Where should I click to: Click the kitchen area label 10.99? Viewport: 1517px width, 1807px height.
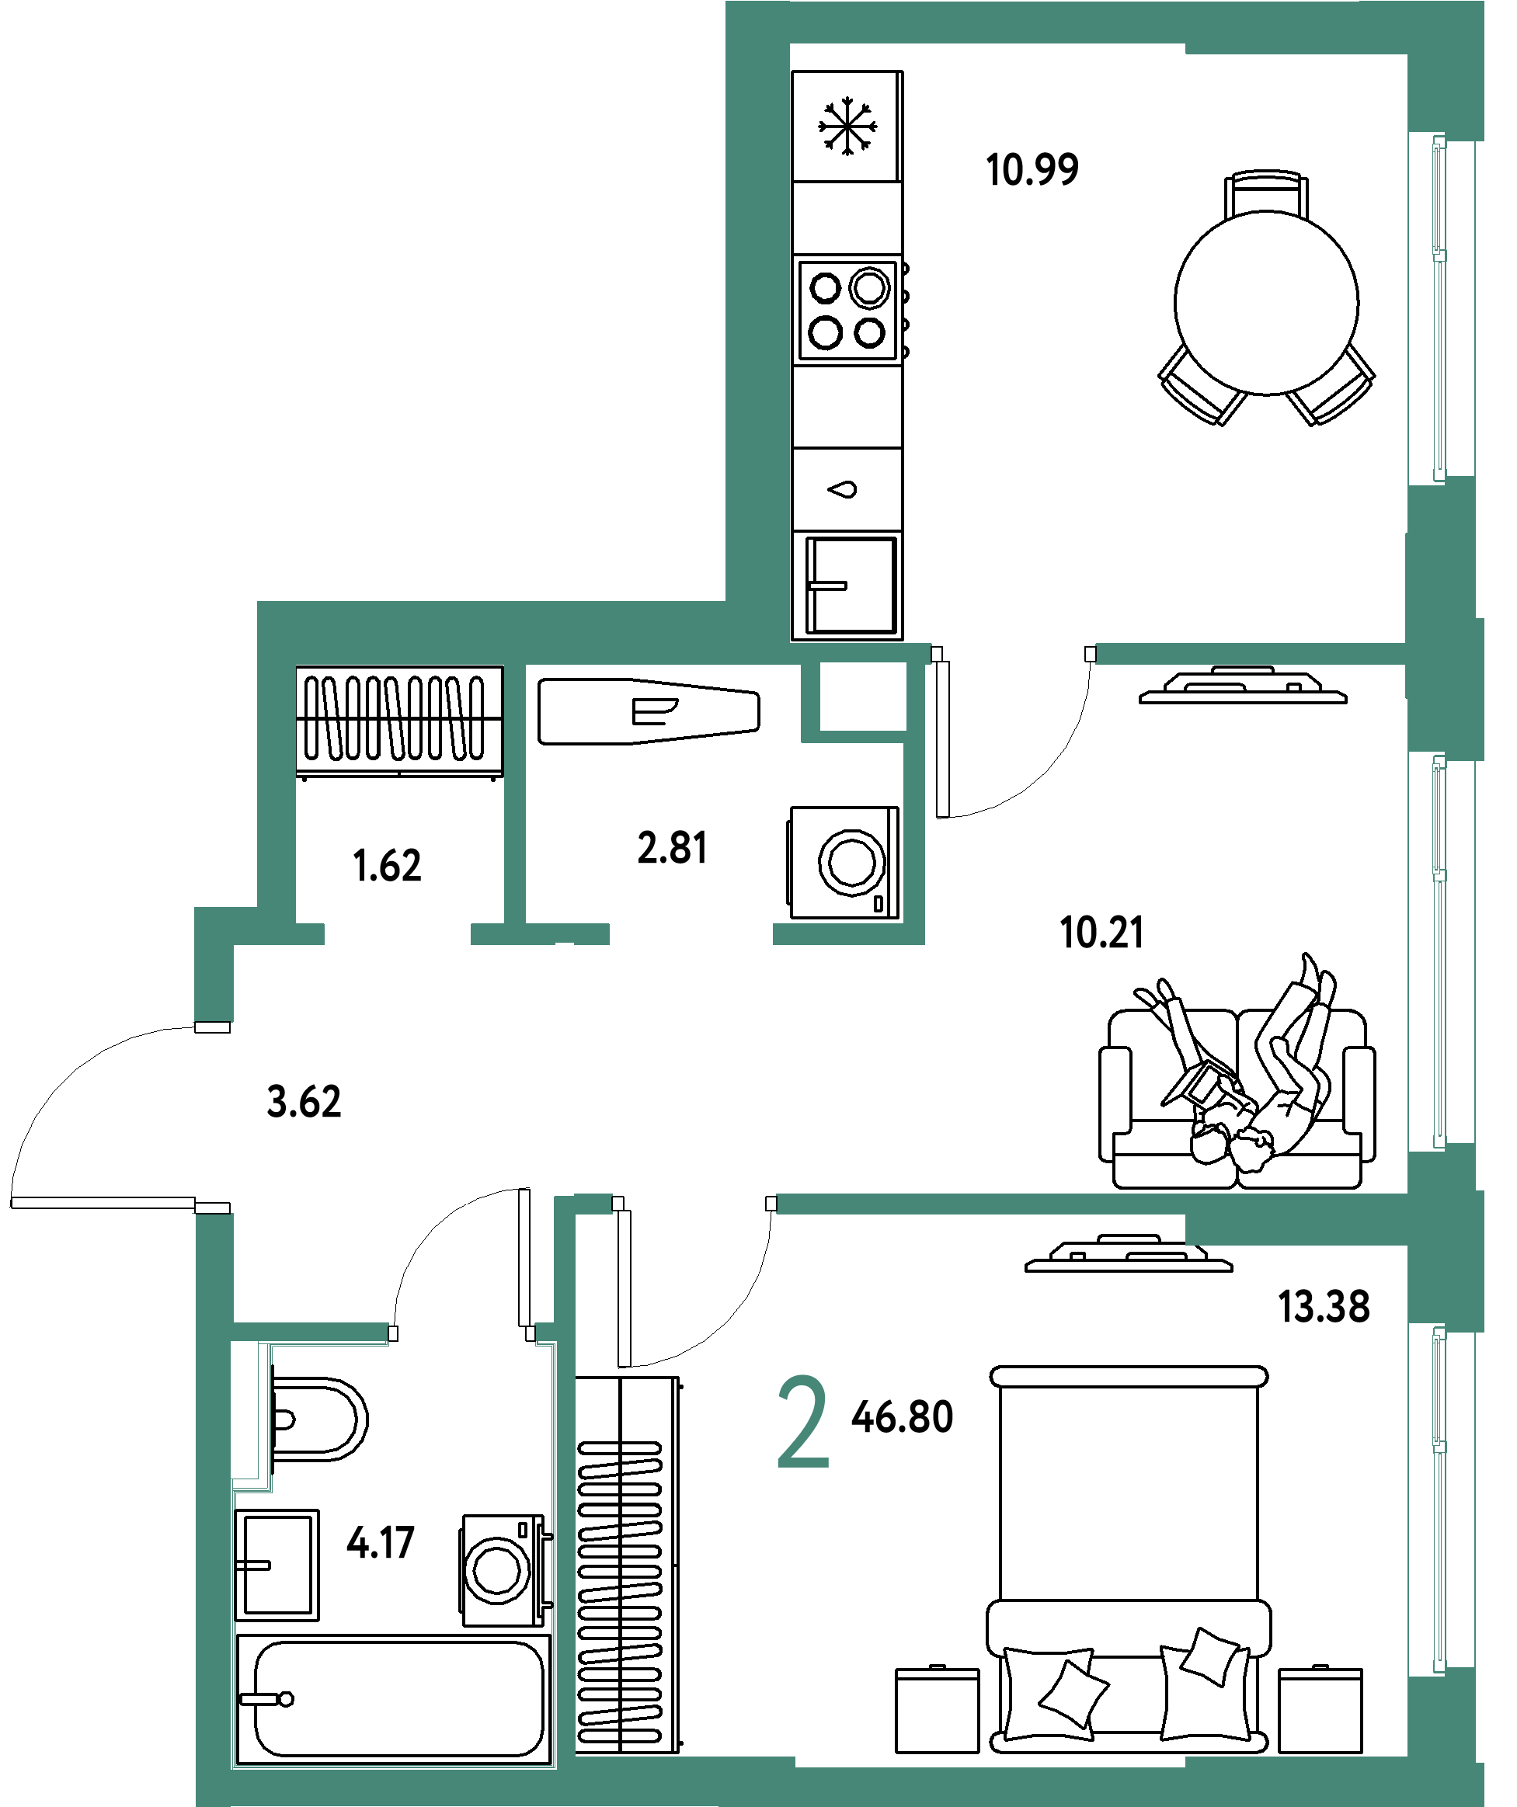(x=1032, y=169)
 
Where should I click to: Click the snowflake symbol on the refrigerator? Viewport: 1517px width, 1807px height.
(x=847, y=127)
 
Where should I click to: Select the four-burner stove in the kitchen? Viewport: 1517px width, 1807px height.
(x=848, y=310)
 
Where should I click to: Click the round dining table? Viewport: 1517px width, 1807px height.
(x=1266, y=303)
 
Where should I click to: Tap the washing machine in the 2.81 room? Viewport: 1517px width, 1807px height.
(x=844, y=863)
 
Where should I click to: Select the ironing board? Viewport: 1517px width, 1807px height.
(x=649, y=711)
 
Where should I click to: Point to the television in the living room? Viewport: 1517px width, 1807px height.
(x=1242, y=686)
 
